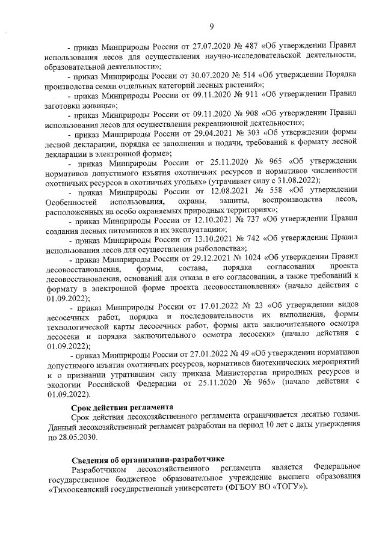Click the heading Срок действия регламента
(x=117, y=407)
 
